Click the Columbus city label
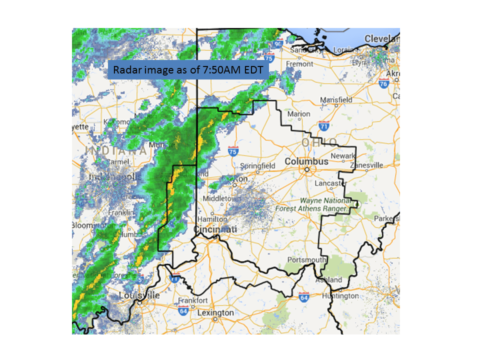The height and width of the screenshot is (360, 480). (306, 161)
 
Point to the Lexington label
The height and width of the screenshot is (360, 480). (216, 313)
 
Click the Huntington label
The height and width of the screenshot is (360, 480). (341, 295)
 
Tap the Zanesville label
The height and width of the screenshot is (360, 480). (366, 165)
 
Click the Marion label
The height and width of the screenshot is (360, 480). (298, 114)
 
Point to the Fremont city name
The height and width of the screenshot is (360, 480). (299, 64)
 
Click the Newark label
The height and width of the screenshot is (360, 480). (343, 156)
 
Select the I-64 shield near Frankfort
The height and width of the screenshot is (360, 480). (183, 310)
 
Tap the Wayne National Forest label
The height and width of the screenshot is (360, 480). (323, 204)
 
